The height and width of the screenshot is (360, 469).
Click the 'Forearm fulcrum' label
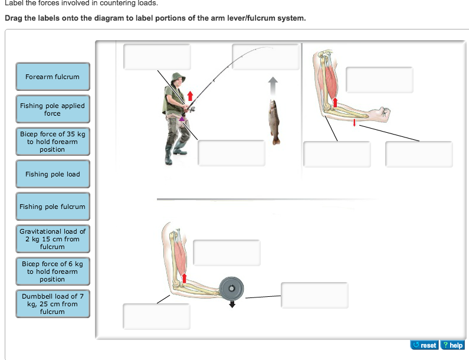tap(53, 77)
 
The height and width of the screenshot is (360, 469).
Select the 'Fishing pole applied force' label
tap(53, 109)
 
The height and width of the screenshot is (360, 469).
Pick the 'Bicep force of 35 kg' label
tap(53, 142)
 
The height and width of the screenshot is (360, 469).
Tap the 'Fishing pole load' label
tap(53, 174)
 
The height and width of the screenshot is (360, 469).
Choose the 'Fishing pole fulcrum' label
tap(53, 207)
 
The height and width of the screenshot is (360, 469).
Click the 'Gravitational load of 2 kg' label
tap(53, 239)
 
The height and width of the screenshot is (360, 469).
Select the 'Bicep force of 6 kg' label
tap(53, 271)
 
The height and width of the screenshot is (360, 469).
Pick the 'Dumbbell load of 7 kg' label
tap(53, 303)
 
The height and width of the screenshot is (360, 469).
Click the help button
tap(452, 345)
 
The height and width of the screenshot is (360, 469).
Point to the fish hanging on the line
tap(274, 122)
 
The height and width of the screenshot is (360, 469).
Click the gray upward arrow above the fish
tap(272, 86)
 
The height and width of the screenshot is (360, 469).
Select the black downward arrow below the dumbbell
tap(232, 304)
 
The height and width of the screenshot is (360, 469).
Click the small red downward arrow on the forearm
tap(354, 122)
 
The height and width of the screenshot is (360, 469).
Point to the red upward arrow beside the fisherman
tap(190, 95)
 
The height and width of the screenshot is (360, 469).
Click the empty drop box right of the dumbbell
tap(314, 295)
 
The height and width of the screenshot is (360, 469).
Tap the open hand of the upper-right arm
tap(383, 112)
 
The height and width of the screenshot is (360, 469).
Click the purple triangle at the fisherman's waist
tap(183, 119)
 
